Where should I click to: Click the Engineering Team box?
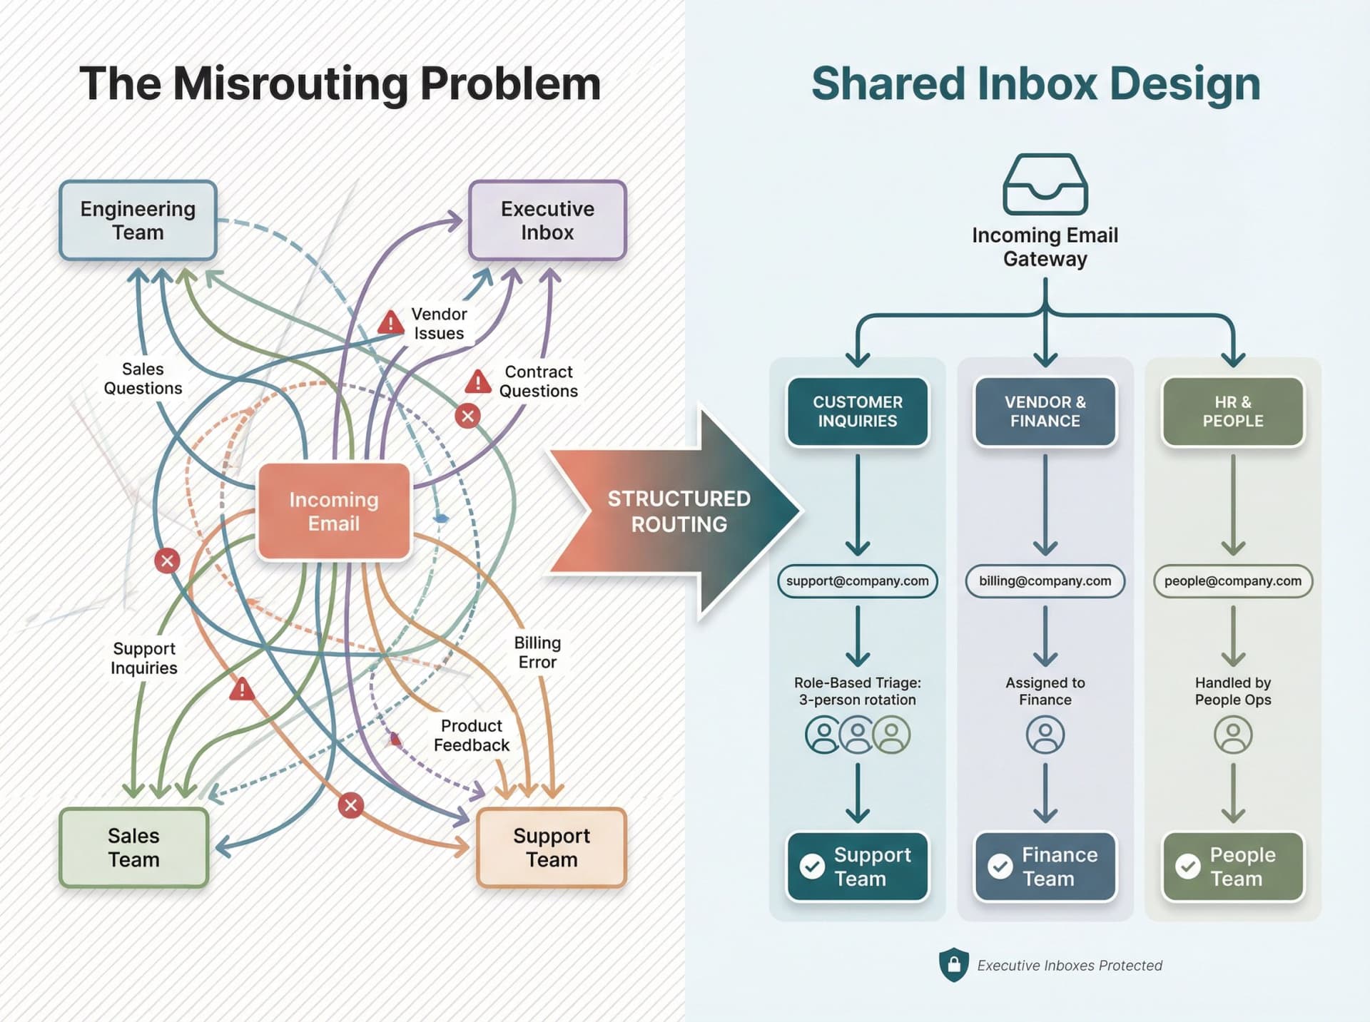138,220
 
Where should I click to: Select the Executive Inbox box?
547,220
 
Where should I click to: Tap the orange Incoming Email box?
334,511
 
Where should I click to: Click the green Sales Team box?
134,847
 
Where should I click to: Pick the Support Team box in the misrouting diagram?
551,847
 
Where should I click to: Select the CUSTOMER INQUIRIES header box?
858,412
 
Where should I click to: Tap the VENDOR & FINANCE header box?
1045,412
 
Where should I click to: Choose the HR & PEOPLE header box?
1233,412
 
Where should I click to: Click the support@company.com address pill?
858,581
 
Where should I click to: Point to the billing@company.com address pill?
1045,581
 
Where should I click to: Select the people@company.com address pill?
1233,581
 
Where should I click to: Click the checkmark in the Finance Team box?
1000,867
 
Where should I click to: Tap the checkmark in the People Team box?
1188,867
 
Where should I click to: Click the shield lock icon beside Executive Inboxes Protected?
954,965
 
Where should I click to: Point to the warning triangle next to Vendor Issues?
390,323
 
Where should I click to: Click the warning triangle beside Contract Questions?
478,382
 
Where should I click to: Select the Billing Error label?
537,653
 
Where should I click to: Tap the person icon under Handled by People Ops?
1233,735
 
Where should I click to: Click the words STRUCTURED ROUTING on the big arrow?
679,511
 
